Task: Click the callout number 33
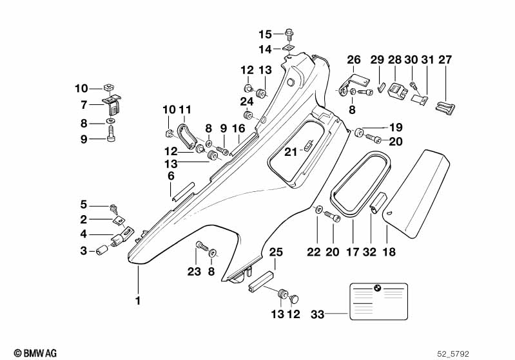click(317, 314)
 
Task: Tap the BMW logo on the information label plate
click(377, 288)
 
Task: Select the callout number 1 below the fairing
click(139, 300)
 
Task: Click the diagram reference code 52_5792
click(453, 354)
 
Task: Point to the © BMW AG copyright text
click(35, 353)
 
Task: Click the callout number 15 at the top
click(265, 34)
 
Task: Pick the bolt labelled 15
click(289, 34)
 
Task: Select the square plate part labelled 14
click(288, 48)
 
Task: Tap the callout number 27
click(445, 60)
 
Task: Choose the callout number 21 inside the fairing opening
click(290, 152)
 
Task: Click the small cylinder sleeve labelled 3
click(102, 250)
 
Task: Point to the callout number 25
click(276, 252)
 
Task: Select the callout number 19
click(396, 127)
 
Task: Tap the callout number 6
click(171, 176)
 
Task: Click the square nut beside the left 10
click(108, 88)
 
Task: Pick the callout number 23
click(194, 271)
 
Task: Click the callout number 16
click(238, 128)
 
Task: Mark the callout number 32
click(369, 252)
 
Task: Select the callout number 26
click(354, 60)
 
